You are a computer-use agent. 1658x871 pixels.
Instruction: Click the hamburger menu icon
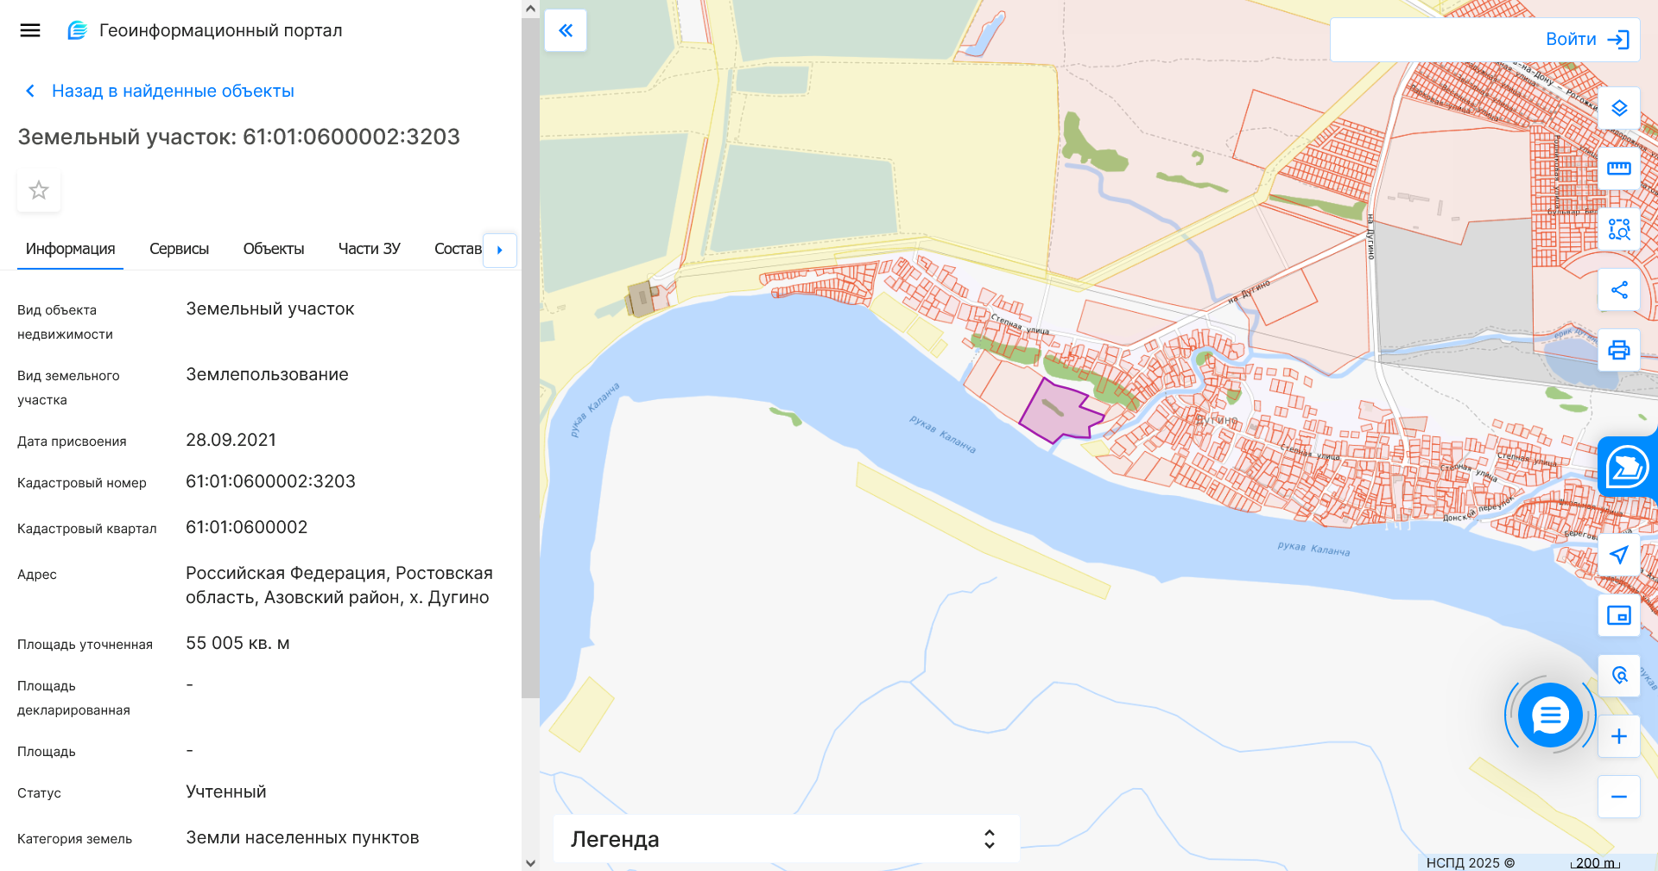[30, 31]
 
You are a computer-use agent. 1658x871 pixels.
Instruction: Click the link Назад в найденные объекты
[172, 91]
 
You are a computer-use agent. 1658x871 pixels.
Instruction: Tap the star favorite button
[39, 190]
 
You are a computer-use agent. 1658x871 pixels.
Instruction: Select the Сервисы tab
[179, 249]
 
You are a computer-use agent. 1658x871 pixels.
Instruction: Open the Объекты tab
[274, 249]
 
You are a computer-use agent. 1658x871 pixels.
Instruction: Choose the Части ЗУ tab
[370, 249]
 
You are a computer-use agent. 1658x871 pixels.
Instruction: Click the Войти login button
[1586, 40]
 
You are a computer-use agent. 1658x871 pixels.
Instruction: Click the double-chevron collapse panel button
[566, 31]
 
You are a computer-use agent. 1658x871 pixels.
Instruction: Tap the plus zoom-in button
[1619, 736]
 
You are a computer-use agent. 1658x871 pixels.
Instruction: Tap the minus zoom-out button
[1619, 797]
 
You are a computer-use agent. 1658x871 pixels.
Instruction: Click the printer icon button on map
[1619, 350]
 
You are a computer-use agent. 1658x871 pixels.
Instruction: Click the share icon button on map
[1619, 289]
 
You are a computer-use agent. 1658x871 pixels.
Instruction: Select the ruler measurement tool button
[1619, 168]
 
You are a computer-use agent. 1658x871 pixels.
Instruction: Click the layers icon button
[1619, 108]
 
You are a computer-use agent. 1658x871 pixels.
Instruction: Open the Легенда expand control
[990, 839]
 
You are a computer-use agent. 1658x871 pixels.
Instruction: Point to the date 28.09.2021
[231, 440]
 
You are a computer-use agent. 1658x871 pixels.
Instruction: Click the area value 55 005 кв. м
[237, 643]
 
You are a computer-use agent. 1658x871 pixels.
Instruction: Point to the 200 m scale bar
[1595, 862]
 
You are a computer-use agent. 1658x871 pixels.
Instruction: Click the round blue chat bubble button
[1551, 715]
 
